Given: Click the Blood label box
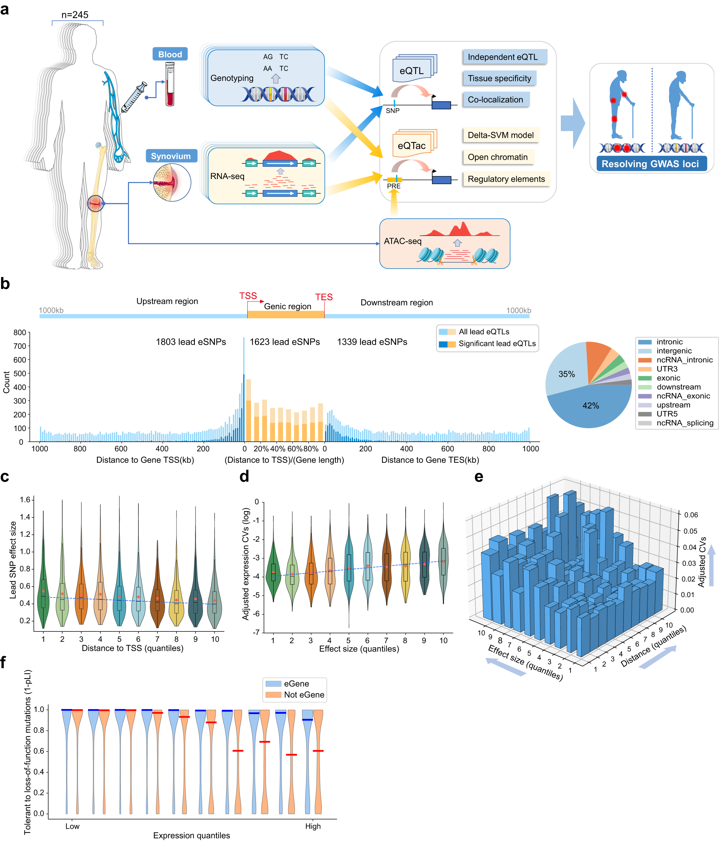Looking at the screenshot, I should coord(170,54).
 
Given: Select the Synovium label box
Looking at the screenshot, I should coord(171,156).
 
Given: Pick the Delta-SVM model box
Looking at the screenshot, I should coord(500,135).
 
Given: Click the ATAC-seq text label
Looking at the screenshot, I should coord(402,241).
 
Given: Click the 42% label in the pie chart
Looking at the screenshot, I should coord(590,406).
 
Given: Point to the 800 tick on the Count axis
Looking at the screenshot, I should coord(19,333).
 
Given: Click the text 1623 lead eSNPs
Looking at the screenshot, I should coord(284,342).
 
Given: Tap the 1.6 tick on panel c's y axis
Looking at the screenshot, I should coord(25,500).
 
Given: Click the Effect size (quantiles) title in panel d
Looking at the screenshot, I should coord(359,649).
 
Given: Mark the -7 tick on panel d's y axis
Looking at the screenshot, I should coord(256,632).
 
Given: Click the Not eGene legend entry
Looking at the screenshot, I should coord(303,694).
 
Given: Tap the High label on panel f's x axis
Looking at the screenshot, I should coord(313,826).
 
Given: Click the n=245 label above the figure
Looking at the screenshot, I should coord(75,15).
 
